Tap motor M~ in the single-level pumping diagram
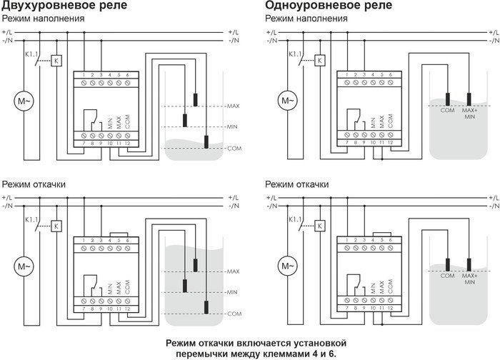coord(287,267)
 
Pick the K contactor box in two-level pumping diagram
coord(56,226)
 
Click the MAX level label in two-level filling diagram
coord(233,106)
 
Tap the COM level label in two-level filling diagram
coord(234,148)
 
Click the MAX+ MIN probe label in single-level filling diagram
coord(469,114)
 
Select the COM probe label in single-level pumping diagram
coord(449,275)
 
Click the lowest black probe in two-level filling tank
coord(206,141)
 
